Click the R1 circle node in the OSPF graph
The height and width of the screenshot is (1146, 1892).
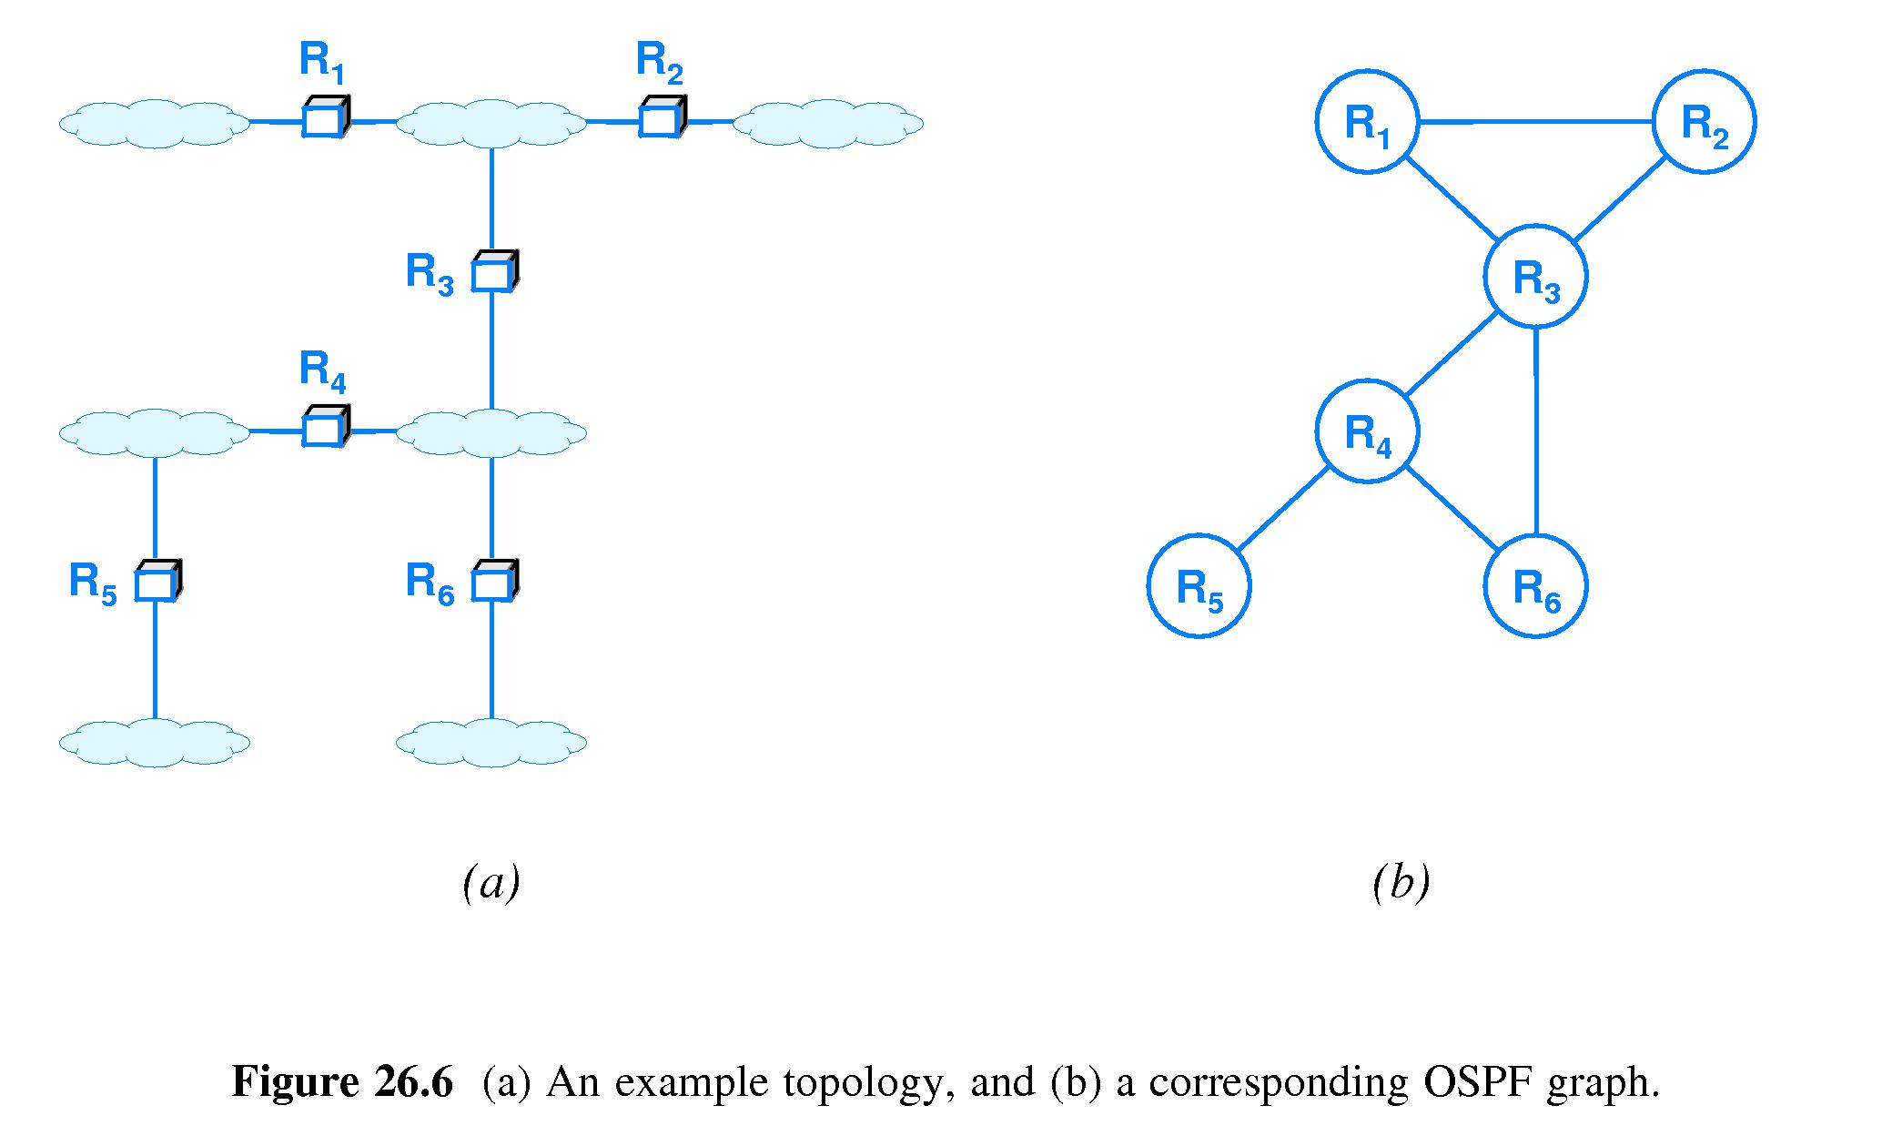coord(1367,121)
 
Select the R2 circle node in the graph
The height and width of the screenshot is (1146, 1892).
coord(1704,121)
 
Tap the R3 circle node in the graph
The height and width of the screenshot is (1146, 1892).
coord(1535,277)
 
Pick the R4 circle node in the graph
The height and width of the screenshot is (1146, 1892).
coord(1367,431)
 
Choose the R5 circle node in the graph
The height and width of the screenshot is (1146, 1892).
coord(1199,586)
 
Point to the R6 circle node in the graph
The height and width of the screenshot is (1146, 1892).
coord(1535,586)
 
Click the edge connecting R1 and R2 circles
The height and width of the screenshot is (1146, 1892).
coord(1535,121)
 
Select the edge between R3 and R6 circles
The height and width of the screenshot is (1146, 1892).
coord(1536,431)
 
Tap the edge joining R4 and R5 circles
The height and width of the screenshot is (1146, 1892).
coord(1283,509)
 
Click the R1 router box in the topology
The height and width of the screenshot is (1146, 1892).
coord(323,118)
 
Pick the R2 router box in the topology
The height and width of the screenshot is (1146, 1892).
coord(661,118)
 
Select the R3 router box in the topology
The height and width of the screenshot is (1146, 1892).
coord(493,273)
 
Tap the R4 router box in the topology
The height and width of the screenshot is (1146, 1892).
coord(323,428)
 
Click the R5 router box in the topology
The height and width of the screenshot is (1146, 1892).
coord(157,583)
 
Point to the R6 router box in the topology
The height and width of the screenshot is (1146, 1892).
coord(493,583)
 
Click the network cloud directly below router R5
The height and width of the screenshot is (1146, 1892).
coord(155,743)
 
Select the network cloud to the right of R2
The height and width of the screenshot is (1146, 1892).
coord(828,123)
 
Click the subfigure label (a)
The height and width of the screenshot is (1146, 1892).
coord(491,883)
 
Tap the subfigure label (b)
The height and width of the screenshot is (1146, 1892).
coord(1401,883)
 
